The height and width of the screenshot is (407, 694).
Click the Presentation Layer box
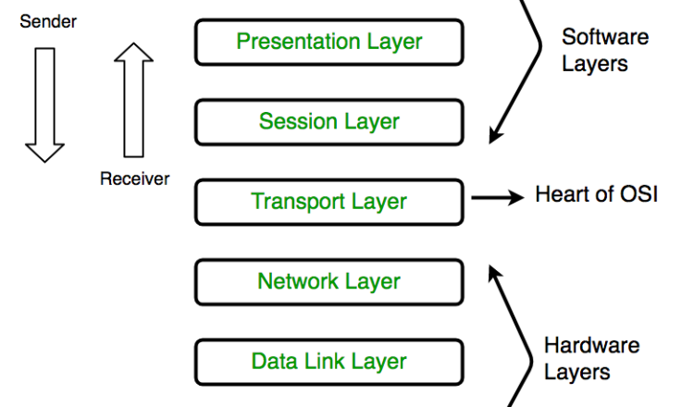click(328, 42)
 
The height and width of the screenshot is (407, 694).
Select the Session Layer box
click(328, 121)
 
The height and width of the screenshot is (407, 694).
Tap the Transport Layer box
click(328, 201)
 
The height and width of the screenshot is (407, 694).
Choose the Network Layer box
click(328, 281)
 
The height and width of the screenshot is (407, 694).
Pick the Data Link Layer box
click(328, 361)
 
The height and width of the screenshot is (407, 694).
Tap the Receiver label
click(134, 179)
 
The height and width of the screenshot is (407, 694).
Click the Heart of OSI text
click(597, 196)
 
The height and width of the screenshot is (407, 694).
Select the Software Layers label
click(606, 51)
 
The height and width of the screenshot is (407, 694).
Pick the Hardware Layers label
click(591, 359)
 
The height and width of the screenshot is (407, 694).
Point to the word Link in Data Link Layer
click(317, 361)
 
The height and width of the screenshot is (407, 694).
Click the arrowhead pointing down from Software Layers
click(496, 135)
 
